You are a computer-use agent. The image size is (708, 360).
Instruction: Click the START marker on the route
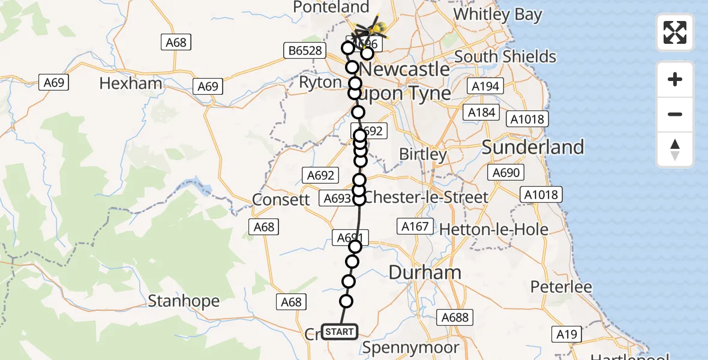click(x=340, y=332)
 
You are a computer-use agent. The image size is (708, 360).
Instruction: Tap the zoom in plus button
click(x=675, y=79)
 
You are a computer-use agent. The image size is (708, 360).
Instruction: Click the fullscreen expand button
click(x=675, y=32)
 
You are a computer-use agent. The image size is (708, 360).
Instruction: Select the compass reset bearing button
click(x=675, y=149)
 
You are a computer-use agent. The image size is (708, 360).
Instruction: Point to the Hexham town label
click(x=131, y=83)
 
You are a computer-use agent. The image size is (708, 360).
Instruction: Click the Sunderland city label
click(x=533, y=147)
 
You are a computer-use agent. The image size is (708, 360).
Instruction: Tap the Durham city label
click(x=425, y=272)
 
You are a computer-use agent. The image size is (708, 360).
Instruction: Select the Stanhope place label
click(x=184, y=301)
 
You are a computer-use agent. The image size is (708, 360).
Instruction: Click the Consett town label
click(x=281, y=199)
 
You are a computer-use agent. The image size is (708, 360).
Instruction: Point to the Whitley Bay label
click(x=498, y=14)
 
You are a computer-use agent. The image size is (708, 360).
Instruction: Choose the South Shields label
click(x=505, y=56)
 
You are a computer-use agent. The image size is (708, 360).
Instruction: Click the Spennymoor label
click(x=411, y=347)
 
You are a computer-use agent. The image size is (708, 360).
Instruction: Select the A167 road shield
click(x=414, y=226)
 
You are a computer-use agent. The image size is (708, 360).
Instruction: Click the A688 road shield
click(x=455, y=317)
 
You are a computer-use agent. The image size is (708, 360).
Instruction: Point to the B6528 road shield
click(x=304, y=52)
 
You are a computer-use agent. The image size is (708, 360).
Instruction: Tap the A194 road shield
click(x=485, y=86)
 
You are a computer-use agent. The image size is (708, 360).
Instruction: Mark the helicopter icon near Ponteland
click(x=370, y=28)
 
